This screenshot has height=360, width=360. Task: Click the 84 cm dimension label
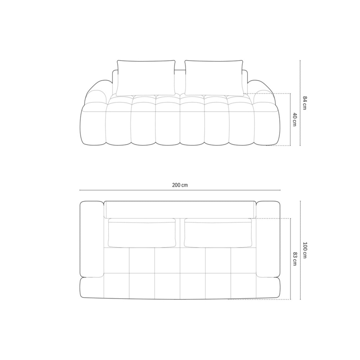click(304, 103)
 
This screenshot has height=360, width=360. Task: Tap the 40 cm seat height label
click(295, 119)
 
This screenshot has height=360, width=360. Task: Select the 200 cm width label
click(180, 185)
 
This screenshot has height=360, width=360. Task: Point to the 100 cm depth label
click(304, 250)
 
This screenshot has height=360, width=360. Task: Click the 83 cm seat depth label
click(295, 259)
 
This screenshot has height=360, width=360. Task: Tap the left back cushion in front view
click(146, 78)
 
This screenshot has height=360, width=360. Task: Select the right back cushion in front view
click(214, 78)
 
